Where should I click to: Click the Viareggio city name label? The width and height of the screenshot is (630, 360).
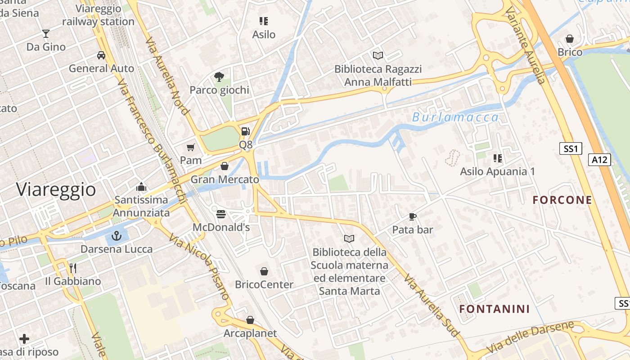(56, 189)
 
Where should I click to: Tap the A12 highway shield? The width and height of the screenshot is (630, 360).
(599, 159)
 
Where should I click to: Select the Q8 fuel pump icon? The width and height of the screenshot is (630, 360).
(246, 131)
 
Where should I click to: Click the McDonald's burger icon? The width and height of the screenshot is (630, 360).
(220, 214)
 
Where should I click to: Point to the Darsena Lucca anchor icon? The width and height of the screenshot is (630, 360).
(117, 235)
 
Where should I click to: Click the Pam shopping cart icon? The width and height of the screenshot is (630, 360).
(191, 147)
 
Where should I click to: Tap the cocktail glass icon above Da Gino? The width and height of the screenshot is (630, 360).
(46, 33)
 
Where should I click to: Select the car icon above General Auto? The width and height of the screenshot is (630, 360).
(101, 55)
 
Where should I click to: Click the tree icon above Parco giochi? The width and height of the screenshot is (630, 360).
(219, 76)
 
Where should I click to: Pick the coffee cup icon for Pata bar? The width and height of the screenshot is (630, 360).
(412, 216)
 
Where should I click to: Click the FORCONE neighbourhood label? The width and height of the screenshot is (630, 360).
(562, 200)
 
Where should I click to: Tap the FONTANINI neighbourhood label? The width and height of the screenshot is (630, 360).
(494, 309)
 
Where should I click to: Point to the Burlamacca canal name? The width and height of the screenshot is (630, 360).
(455, 118)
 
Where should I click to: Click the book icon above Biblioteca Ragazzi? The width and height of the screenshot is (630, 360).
(378, 55)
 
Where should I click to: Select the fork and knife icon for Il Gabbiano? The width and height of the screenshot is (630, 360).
(73, 268)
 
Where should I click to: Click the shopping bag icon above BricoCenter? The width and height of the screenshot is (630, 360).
(264, 271)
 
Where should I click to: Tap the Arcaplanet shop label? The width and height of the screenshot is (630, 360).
(250, 333)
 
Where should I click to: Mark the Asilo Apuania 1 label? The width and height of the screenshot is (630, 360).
(497, 171)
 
